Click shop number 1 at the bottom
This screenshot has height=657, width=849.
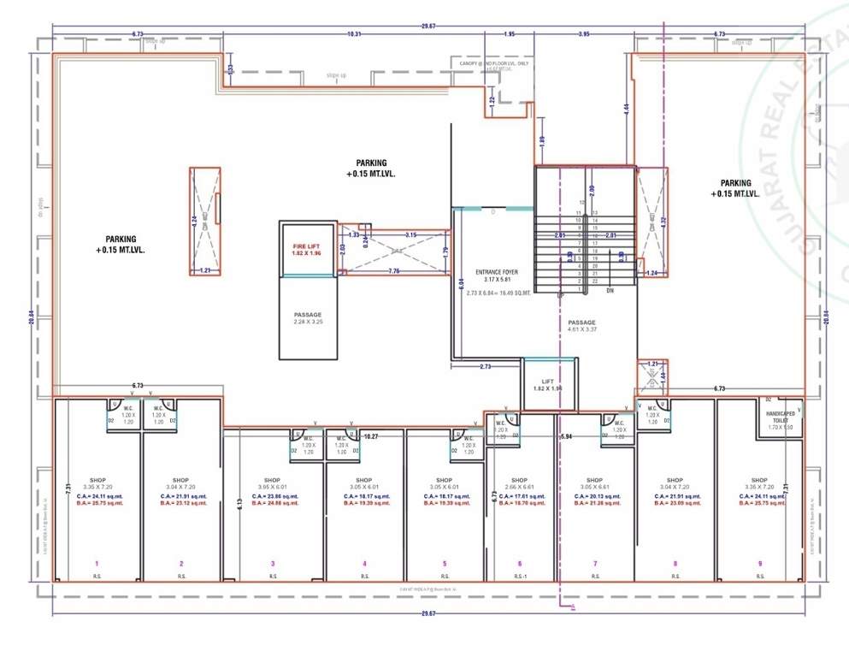[x=97, y=564]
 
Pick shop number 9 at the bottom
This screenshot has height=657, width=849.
[x=760, y=564]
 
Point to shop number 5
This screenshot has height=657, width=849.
[x=445, y=564]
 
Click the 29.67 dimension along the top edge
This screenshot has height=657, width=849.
[x=427, y=27]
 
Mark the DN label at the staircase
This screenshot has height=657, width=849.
[x=610, y=290]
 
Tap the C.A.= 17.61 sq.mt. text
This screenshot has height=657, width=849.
[x=519, y=496]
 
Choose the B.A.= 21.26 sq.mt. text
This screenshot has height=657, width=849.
[x=595, y=503]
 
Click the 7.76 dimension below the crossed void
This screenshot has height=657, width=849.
[x=394, y=271]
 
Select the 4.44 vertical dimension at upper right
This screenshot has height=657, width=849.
[x=627, y=109]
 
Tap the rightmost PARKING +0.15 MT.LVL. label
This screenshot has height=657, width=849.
[x=735, y=188]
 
